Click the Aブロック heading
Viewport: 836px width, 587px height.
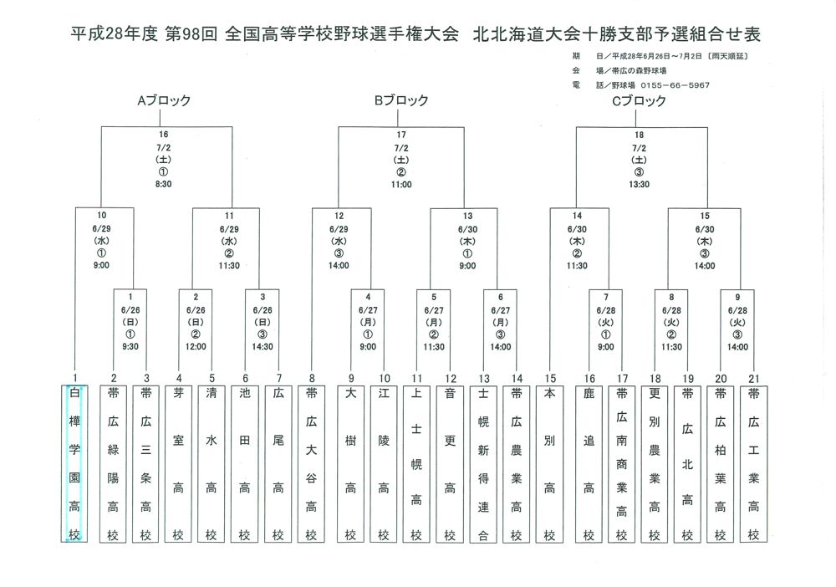[164, 101]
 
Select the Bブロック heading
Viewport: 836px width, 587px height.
[400, 101]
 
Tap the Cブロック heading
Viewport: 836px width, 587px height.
[639, 101]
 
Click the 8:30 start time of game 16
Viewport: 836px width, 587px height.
[163, 183]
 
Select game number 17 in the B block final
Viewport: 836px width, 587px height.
[400, 134]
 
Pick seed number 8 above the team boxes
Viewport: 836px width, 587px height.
[311, 378]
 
